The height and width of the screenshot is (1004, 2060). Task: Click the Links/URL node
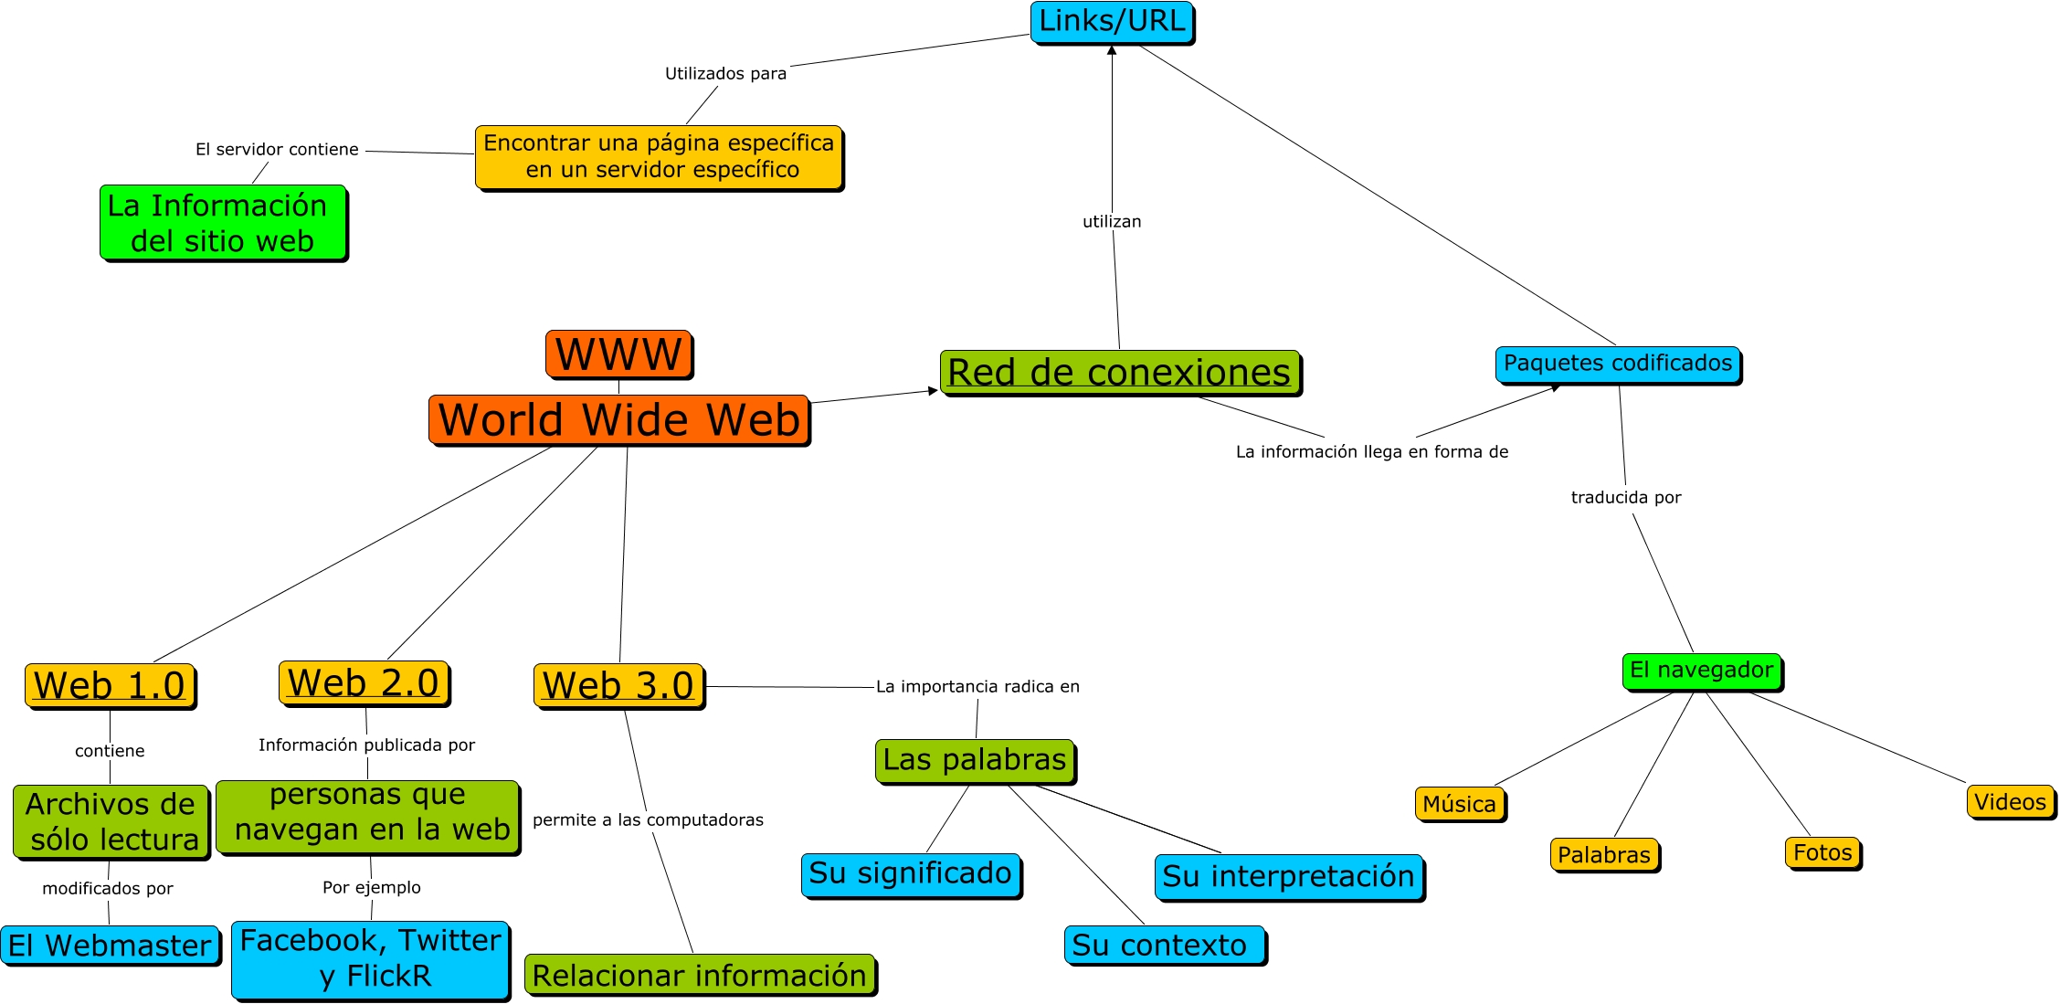(x=1112, y=22)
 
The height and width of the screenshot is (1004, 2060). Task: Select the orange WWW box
(x=618, y=354)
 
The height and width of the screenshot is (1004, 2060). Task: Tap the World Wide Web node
(x=618, y=419)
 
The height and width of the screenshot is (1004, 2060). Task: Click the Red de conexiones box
(x=1120, y=373)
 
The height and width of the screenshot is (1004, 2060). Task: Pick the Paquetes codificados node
(x=1617, y=364)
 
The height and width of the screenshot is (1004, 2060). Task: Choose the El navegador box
(x=1701, y=671)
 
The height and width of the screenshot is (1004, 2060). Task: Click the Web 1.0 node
(x=110, y=685)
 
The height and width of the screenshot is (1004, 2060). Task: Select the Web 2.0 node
(x=364, y=682)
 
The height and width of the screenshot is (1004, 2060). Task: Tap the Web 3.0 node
(x=618, y=685)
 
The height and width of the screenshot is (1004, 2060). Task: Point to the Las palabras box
(x=975, y=760)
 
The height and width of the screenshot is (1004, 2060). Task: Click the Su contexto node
(x=1164, y=945)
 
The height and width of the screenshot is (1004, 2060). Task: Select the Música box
(x=1460, y=804)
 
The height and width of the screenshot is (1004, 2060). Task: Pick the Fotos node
(x=1822, y=852)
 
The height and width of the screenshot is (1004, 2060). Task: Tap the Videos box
(x=2010, y=802)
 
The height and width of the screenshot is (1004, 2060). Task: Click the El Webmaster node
(x=110, y=946)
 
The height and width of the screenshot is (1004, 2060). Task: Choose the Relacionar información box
(x=700, y=975)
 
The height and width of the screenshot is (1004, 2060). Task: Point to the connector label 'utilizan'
(x=1112, y=221)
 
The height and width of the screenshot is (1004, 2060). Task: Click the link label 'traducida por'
(x=1626, y=497)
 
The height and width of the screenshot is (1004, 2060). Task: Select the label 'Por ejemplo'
(x=372, y=887)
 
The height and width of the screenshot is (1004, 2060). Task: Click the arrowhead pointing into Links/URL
(x=1112, y=50)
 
